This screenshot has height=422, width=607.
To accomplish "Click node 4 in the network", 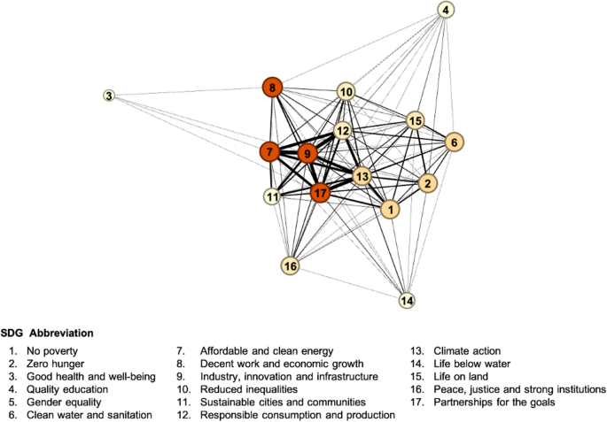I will click(447, 11).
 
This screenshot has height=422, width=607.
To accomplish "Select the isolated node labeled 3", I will click(109, 96).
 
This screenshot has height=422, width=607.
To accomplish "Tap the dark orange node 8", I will click(273, 87).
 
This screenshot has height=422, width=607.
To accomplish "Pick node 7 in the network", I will click(269, 152).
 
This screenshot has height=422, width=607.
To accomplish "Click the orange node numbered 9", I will click(307, 154).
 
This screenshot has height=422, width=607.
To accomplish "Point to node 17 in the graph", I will click(321, 190).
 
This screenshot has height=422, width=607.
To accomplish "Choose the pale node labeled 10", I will click(346, 91).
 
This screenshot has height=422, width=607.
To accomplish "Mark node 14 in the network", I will click(407, 301).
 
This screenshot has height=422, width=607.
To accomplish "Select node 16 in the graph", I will click(291, 265).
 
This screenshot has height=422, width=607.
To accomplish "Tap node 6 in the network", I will click(454, 142).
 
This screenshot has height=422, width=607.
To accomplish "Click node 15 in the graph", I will click(415, 120).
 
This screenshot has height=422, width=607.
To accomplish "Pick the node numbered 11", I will click(273, 196).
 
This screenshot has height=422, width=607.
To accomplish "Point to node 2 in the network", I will click(427, 183).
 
